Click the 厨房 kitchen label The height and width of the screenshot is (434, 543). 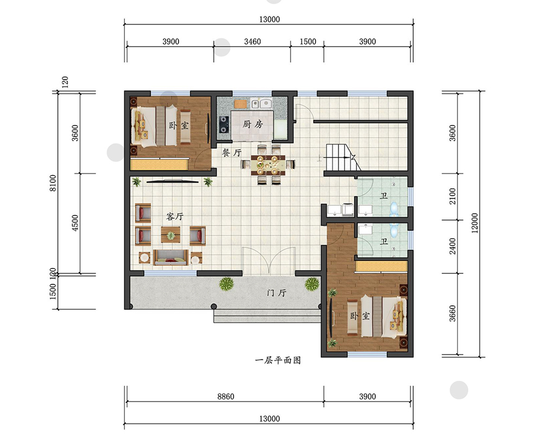point(252,124)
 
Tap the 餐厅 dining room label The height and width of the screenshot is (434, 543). point(232,152)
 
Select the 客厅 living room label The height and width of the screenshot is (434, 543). point(174,216)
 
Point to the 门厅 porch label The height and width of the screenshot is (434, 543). point(277,293)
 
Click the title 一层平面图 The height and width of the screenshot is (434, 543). point(278,360)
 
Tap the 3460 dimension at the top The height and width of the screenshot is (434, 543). point(252,42)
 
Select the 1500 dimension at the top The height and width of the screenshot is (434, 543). point(308,42)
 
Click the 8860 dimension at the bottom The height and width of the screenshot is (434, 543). point(226,396)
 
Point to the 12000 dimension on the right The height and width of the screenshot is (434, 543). point(475,223)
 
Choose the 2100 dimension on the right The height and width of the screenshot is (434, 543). point(453,196)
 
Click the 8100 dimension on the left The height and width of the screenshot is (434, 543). point(53,183)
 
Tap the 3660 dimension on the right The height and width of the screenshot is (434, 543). point(453,313)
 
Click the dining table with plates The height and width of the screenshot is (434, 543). point(268,165)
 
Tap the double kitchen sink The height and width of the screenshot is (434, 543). point(261,104)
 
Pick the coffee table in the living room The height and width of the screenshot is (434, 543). point(171,235)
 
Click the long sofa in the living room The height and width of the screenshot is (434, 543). point(171,258)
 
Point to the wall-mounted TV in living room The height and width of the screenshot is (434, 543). point(173,181)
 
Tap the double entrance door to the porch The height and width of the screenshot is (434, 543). point(269,261)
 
